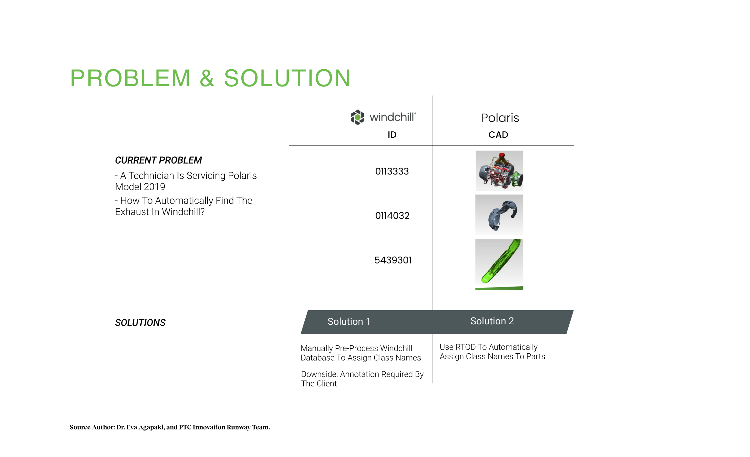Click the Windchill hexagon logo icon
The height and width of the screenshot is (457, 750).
357,117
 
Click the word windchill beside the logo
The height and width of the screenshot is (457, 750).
393,117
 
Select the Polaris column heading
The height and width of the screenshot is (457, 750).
500,118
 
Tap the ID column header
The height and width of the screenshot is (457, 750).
392,135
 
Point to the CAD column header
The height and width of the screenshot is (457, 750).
498,135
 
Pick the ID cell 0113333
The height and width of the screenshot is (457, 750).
392,171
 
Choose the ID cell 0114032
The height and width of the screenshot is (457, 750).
392,215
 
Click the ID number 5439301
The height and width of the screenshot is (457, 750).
393,260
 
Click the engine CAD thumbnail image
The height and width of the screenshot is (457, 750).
499,171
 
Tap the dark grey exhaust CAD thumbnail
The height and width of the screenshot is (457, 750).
499,215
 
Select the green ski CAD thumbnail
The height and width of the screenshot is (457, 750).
499,264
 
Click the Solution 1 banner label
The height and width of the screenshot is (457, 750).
349,322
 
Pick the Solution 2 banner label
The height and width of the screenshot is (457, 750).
492,321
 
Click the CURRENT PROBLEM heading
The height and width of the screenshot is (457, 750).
158,160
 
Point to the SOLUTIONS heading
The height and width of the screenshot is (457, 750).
140,322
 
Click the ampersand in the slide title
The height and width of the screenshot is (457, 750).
207,78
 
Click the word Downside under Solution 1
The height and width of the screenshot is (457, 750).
319,374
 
